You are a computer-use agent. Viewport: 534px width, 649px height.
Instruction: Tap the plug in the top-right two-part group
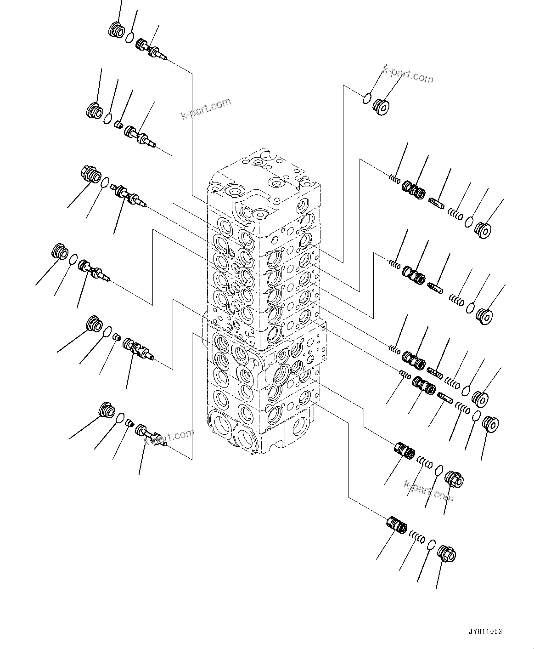point(381,107)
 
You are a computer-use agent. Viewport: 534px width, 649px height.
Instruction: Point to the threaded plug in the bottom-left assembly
point(107,410)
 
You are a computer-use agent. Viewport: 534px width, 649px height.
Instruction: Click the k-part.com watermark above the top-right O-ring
point(408,75)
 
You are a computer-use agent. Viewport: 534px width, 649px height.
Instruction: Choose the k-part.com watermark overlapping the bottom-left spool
point(169,437)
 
